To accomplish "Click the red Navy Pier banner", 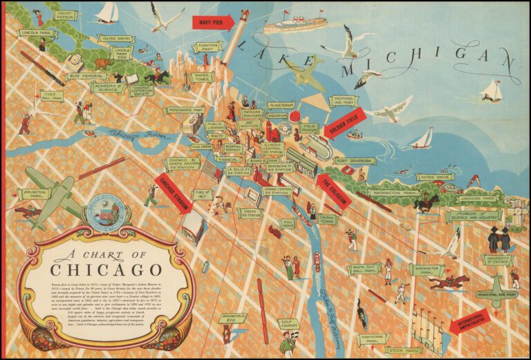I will point(213,22).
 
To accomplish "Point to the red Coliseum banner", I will point(333,191).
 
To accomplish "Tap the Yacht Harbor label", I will point(66,15).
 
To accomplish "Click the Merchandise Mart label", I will point(184,110).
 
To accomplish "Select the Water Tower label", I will point(202,77).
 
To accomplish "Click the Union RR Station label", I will point(250,214).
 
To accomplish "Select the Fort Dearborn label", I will point(355,161).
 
